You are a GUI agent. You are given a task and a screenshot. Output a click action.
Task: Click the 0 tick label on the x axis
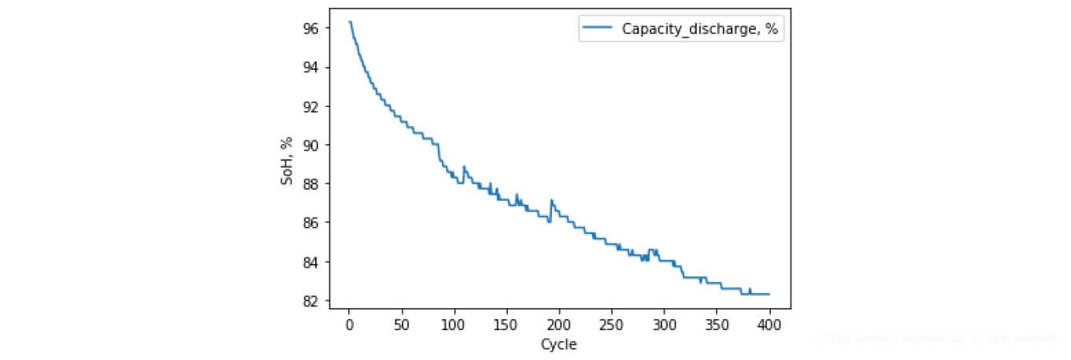349,325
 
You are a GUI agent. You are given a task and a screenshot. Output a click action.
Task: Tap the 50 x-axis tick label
402,325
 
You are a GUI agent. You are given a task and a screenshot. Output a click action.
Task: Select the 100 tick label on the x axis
454,325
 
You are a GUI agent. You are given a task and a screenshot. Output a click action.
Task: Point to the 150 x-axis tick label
506,325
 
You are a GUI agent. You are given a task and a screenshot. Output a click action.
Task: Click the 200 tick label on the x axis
559,325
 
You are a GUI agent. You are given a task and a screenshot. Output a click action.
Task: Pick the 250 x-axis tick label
612,325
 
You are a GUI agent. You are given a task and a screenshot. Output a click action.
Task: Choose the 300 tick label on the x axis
665,325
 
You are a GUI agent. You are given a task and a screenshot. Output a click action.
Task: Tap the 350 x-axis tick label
717,325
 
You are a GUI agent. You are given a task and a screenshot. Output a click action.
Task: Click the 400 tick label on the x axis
769,325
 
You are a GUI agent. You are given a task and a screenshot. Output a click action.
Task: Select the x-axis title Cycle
558,344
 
